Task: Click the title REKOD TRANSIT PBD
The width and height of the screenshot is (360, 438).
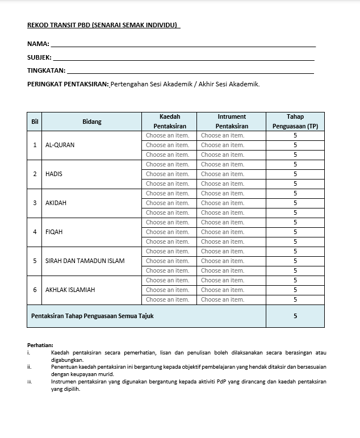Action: [103, 25]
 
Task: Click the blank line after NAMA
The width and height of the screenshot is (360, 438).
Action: [182, 44]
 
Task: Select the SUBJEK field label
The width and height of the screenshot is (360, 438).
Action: [39, 57]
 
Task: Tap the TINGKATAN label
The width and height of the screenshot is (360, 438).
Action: [46, 71]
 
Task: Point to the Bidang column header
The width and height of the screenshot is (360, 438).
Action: [91, 122]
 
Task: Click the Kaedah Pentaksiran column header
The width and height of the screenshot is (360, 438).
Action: [170, 122]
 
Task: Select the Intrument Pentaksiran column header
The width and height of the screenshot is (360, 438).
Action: [232, 122]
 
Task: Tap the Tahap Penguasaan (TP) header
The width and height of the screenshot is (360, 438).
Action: [295, 122]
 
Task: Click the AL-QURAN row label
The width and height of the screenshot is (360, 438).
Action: [60, 145]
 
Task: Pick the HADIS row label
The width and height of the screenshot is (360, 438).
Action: [54, 174]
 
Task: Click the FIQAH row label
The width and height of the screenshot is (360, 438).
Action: [55, 232]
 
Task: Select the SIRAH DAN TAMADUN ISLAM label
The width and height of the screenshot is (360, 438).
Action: [85, 261]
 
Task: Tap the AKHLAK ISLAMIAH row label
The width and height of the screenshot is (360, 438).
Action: [70, 290]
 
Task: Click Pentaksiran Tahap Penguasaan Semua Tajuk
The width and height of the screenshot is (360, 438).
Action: [93, 316]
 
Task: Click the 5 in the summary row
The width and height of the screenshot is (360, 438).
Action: [295, 316]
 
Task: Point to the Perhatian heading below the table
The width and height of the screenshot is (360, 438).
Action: [40, 345]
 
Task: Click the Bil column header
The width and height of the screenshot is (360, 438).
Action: [35, 122]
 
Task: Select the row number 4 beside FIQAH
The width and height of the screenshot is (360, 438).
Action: [35, 232]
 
